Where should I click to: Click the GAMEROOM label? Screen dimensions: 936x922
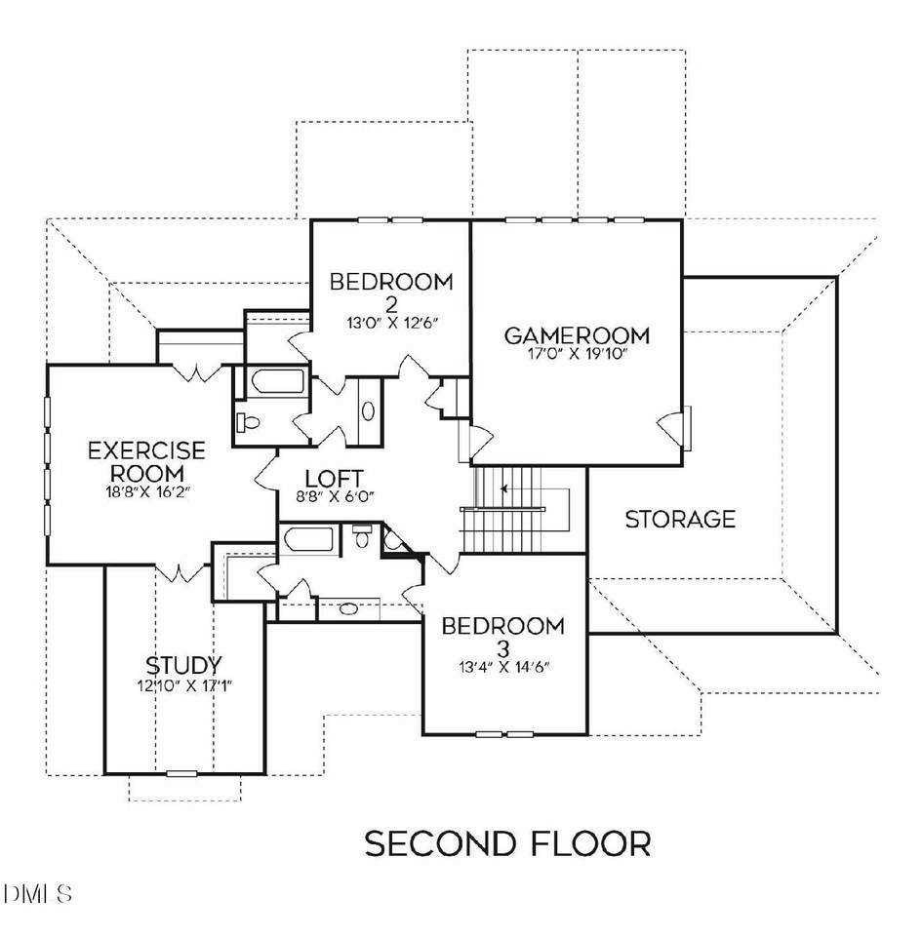[576, 335]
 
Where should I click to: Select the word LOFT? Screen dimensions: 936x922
[335, 479]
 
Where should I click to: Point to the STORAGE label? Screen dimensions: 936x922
[680, 519]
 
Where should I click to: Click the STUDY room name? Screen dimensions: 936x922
[183, 666]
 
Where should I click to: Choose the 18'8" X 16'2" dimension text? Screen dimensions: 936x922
[146, 492]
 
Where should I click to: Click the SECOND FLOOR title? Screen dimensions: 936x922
[507, 843]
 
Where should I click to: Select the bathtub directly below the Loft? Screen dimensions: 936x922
[306, 539]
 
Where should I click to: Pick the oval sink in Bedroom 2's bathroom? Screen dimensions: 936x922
[368, 410]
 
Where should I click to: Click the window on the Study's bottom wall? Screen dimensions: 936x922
[181, 774]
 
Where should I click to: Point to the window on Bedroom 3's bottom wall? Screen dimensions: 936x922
[504, 733]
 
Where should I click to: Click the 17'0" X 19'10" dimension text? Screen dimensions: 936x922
[577, 355]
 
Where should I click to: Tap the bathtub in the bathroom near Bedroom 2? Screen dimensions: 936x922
[274, 383]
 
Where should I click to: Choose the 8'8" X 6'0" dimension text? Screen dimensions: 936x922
[335, 496]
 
